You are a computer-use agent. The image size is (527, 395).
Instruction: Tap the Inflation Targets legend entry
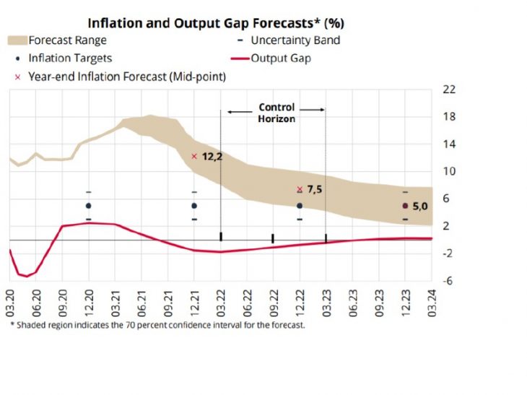click(x=69, y=58)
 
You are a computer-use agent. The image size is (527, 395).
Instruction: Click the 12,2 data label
click(x=212, y=157)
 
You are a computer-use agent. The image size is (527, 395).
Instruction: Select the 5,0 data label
click(x=421, y=207)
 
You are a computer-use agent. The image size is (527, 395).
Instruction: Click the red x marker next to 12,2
click(x=194, y=156)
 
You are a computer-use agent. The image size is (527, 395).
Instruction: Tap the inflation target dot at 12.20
click(x=89, y=206)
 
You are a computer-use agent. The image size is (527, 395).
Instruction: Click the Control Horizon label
click(x=276, y=113)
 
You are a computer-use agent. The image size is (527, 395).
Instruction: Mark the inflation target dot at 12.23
click(x=405, y=206)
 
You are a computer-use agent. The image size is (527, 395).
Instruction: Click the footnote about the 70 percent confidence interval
click(x=158, y=325)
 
